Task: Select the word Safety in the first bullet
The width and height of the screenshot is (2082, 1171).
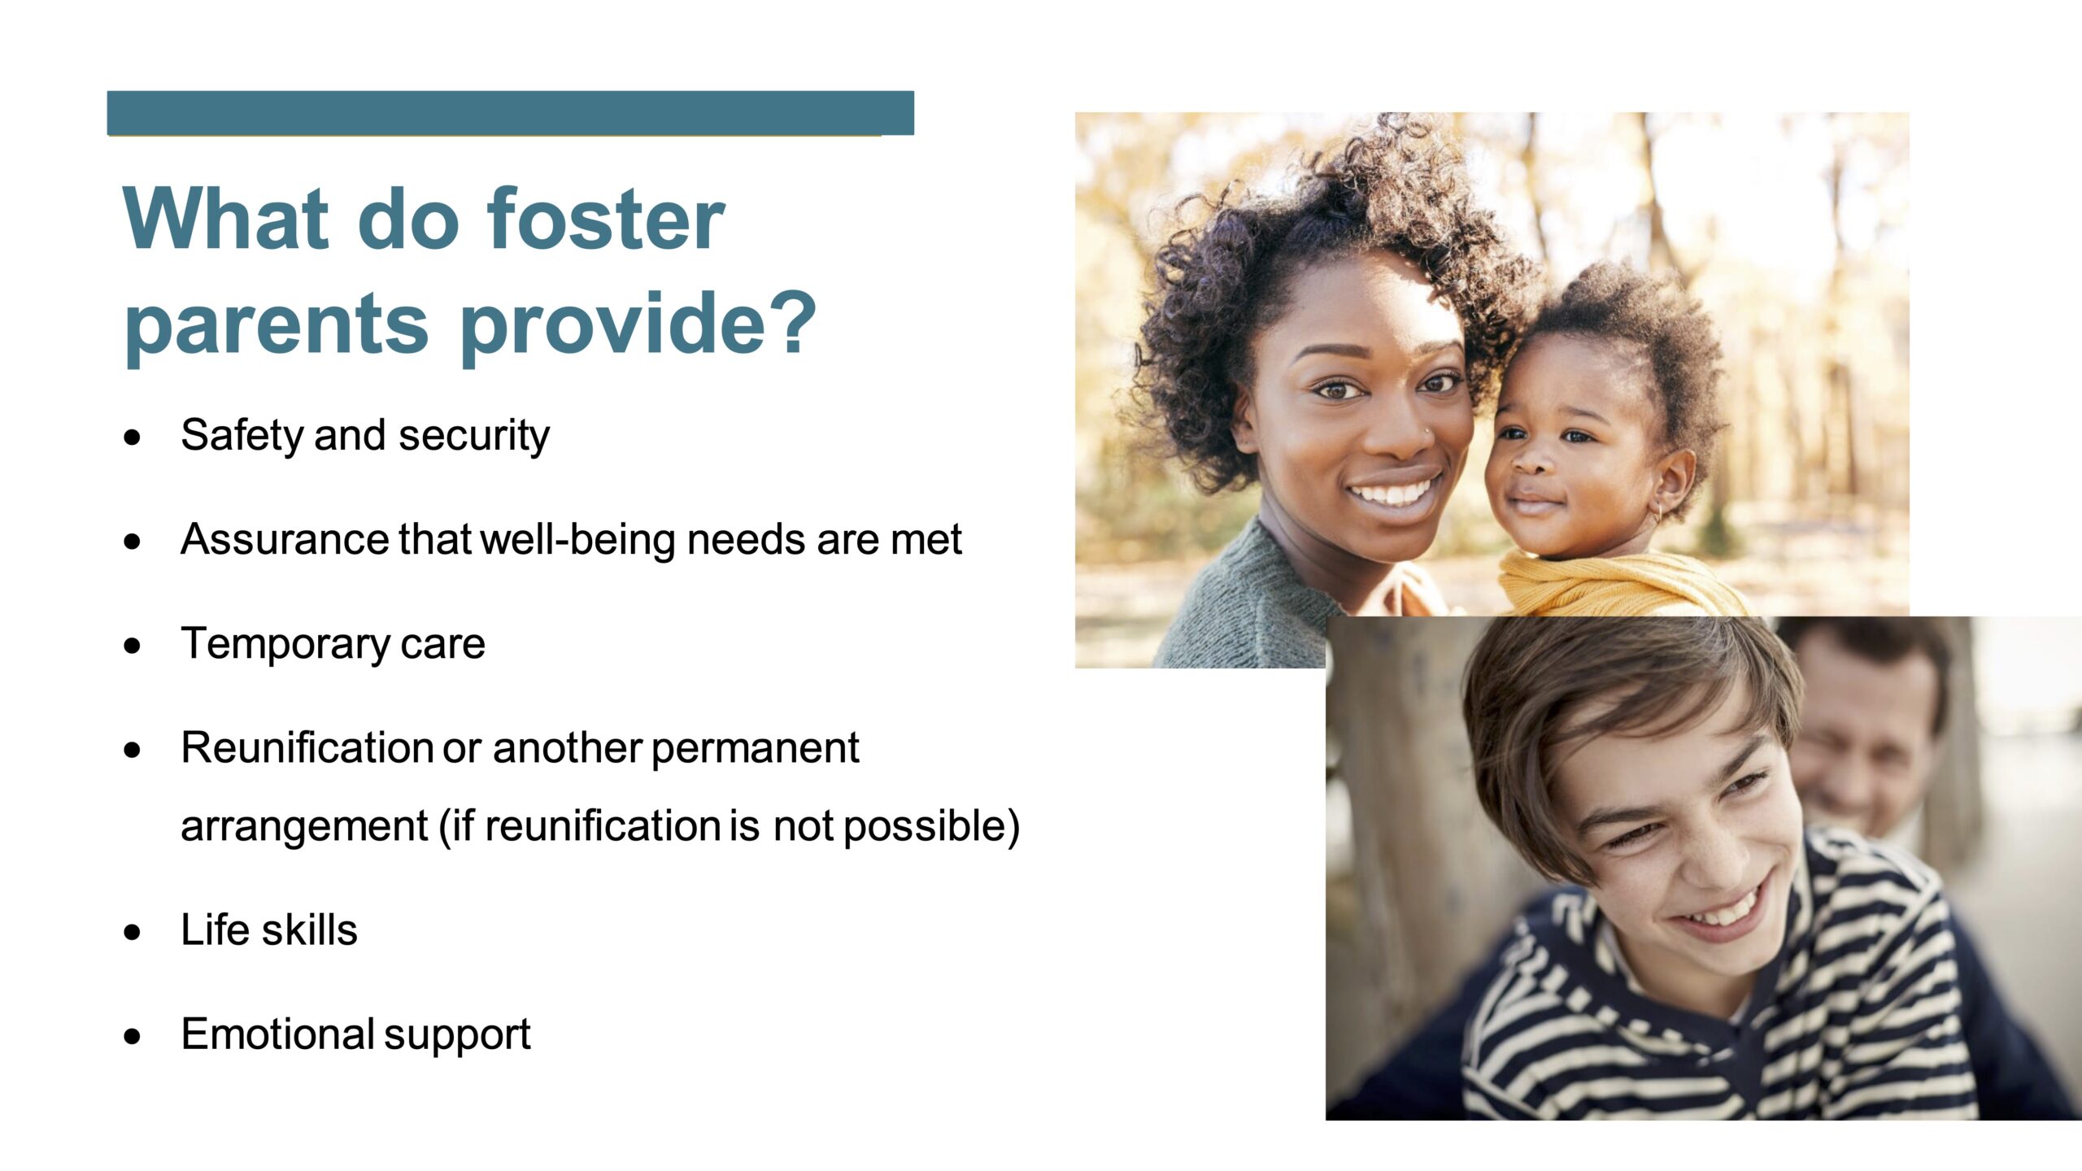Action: point(242,436)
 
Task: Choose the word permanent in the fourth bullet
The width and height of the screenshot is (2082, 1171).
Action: point(755,747)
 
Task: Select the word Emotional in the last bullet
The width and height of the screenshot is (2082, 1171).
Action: point(277,1034)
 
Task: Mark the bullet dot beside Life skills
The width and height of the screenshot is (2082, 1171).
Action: point(133,932)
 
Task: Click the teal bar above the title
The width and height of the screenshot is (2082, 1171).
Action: point(511,113)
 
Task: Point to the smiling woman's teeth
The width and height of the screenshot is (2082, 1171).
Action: point(1392,493)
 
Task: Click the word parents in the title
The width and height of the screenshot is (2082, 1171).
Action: point(276,325)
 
